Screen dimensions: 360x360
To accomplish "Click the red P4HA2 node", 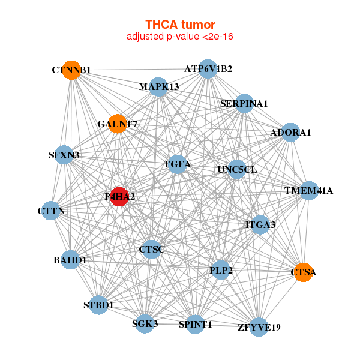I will point(119,197).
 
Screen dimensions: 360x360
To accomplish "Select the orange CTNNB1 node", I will point(71,70).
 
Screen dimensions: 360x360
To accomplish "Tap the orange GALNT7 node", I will point(118,123).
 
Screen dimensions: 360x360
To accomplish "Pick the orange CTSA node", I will point(303,272).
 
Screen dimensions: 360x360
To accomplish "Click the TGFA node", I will point(177,164).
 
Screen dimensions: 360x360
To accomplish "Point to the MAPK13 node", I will point(158,87).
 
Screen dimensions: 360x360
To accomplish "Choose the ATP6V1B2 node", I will point(208,68).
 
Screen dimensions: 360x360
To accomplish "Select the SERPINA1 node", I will point(244,103).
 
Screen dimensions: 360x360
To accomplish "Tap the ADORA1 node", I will point(290,133).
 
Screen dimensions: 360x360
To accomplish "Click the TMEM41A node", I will point(308,191).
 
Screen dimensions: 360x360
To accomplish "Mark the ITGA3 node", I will point(260,225).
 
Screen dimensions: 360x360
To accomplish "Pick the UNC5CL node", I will point(236,169).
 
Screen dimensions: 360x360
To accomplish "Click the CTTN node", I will point(51,211).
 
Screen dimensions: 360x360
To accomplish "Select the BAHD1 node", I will point(70,260).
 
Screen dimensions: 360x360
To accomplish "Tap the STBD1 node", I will point(98,305).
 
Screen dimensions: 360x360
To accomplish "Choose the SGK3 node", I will point(145,323).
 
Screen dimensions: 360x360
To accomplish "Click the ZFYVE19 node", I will point(259,326).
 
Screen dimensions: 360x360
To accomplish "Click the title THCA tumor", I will point(179,25).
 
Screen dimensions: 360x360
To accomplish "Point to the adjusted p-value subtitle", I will point(179,37).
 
